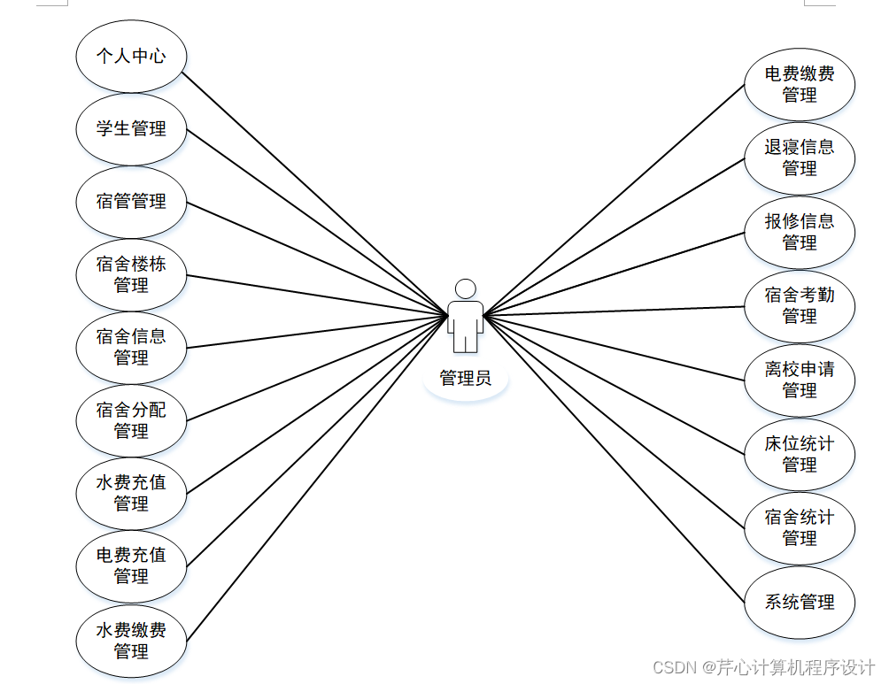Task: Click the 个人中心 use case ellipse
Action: (131, 56)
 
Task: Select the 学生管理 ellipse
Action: (131, 129)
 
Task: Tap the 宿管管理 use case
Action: (131, 202)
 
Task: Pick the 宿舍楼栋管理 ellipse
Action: (131, 274)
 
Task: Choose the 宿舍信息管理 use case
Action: (131, 347)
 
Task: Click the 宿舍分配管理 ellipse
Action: (131, 420)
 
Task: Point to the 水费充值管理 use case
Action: (131, 493)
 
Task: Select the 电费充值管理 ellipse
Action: (131, 565)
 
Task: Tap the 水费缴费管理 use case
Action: (131, 641)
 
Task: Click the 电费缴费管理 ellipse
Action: (800, 84)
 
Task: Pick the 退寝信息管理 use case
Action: (800, 158)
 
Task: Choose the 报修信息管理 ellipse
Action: (800, 232)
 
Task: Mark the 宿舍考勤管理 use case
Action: (800, 305)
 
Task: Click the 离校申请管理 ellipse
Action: (800, 380)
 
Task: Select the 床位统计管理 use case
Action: (800, 454)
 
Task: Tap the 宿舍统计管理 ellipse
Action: (800, 527)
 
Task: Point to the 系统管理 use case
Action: (800, 603)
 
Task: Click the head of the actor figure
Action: (465, 289)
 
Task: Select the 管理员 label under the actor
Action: (466, 379)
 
